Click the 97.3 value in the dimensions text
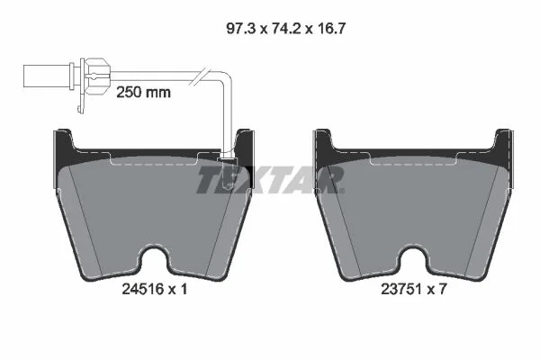pos(240,29)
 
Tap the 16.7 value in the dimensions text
pos(330,29)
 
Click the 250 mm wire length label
pos(143,93)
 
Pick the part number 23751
pos(401,289)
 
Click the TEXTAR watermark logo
pos(270,179)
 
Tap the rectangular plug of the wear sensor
pos(47,76)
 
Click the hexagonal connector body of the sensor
pos(97,76)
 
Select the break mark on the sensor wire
pos(200,76)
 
